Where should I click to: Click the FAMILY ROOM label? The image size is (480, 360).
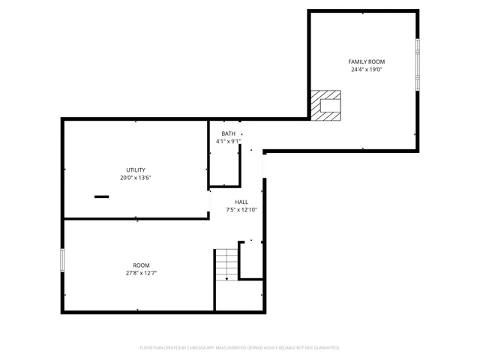click(x=366, y=61)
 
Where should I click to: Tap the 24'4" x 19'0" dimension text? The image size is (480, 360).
click(x=366, y=70)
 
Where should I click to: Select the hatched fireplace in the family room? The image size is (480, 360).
click(x=326, y=105)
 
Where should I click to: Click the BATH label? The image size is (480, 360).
click(x=227, y=133)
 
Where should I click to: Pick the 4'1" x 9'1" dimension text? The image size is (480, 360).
click(x=227, y=141)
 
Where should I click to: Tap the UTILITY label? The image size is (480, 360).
click(x=136, y=169)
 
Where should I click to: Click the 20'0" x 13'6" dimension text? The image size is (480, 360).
click(x=136, y=178)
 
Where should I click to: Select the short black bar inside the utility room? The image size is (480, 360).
click(x=101, y=196)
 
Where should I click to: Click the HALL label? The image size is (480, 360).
click(x=241, y=202)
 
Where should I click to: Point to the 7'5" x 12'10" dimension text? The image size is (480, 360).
click(x=241, y=210)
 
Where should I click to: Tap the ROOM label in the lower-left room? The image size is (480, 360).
click(x=141, y=265)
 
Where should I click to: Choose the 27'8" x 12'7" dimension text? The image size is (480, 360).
click(x=141, y=274)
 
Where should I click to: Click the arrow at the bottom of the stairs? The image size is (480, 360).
click(x=226, y=278)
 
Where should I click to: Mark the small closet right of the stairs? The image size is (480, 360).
click(x=250, y=259)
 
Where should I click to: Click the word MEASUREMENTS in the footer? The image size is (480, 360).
click(x=228, y=348)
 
